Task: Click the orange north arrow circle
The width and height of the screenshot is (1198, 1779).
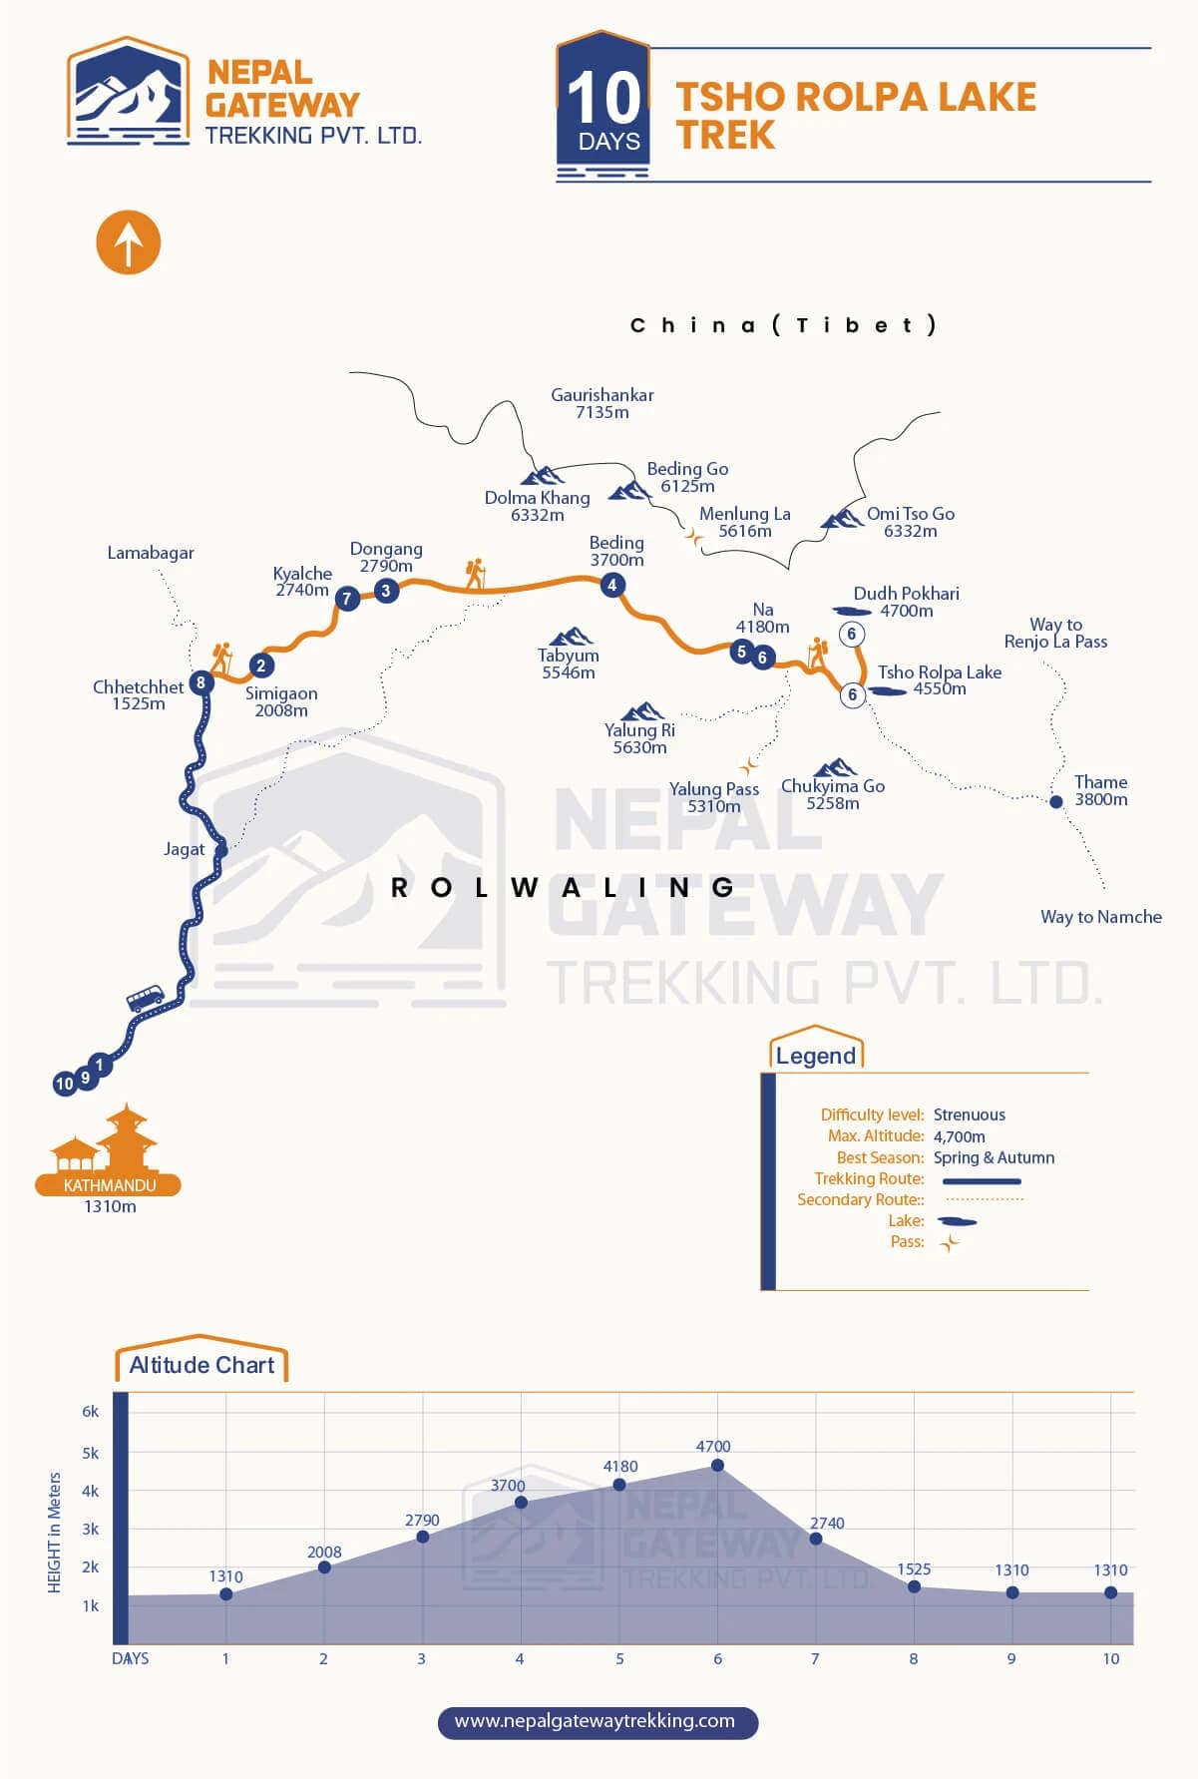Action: [x=128, y=242]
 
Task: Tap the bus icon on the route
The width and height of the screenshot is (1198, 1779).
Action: [x=145, y=998]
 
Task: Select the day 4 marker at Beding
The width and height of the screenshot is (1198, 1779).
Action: [x=612, y=586]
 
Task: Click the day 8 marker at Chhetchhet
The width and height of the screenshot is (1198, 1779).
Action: [x=201, y=683]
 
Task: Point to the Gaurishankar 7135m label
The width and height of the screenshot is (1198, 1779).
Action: [x=601, y=403]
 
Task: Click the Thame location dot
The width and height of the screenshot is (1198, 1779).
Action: [x=1056, y=801]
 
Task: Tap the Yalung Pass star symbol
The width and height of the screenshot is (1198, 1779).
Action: [x=748, y=766]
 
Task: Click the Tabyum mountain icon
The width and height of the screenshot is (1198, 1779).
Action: [x=571, y=636]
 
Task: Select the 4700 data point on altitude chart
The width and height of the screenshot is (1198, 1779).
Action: [x=717, y=1466]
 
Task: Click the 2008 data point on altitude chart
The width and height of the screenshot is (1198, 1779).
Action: [x=324, y=1567]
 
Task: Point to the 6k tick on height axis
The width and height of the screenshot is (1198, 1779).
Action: [x=91, y=1411]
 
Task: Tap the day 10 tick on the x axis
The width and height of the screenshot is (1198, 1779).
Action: [x=1110, y=1658]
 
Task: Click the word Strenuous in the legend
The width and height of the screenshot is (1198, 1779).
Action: [x=969, y=1114]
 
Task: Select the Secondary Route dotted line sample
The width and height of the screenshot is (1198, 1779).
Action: [x=984, y=1199]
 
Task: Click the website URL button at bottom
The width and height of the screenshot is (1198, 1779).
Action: [x=598, y=1721]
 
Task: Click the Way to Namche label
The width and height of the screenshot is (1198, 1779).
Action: [x=1100, y=916]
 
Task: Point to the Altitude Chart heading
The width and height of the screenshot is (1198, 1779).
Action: [x=201, y=1365]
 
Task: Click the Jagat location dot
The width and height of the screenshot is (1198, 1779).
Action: [x=221, y=850]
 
